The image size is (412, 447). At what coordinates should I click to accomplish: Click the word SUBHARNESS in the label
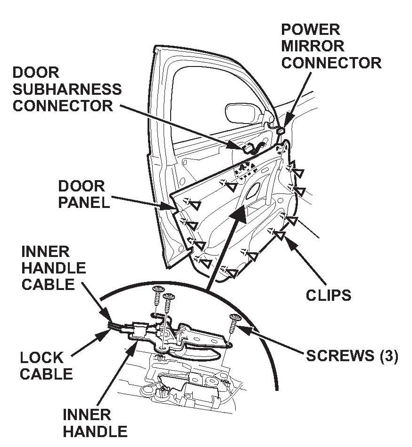(x=67, y=90)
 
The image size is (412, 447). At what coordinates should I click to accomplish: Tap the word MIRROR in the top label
(x=313, y=46)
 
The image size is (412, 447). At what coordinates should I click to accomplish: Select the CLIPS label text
(x=329, y=295)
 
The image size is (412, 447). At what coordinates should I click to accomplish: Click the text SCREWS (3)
(x=352, y=356)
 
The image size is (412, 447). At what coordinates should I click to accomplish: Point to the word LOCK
(x=42, y=358)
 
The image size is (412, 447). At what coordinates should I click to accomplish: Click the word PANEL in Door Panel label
(x=84, y=203)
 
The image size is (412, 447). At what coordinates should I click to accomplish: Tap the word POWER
(x=311, y=30)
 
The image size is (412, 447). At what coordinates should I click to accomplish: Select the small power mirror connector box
(x=281, y=131)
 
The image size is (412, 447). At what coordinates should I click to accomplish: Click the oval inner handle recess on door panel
(x=253, y=190)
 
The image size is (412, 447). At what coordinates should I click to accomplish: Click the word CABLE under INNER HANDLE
(x=48, y=284)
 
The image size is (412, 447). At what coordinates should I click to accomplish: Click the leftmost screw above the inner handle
(x=157, y=299)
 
